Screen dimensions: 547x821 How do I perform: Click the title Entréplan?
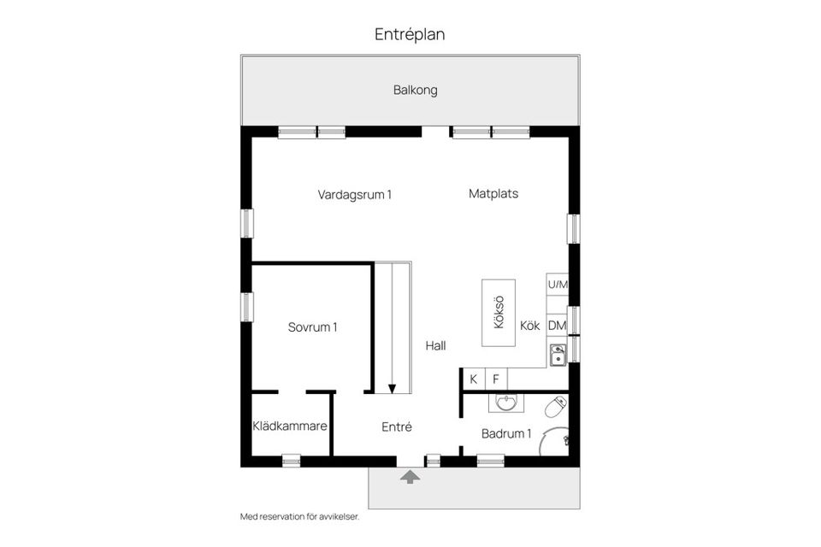tap(410, 34)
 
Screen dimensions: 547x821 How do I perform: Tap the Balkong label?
tap(415, 90)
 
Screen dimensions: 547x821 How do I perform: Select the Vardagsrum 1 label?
tap(354, 194)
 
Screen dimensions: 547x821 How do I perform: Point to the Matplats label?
tap(493, 194)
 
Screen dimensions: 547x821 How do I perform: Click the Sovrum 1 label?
tap(312, 326)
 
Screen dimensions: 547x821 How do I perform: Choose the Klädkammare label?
tap(290, 426)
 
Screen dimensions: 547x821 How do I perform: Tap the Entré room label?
tap(397, 426)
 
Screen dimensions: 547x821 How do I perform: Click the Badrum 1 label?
tap(506, 433)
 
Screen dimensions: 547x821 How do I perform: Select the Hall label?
tap(436, 346)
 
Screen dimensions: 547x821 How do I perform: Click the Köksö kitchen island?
tap(499, 313)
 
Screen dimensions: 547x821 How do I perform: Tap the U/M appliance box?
tap(558, 284)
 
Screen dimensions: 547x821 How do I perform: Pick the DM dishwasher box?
tap(558, 326)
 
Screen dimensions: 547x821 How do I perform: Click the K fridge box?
tap(473, 379)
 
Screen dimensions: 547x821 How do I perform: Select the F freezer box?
tap(495, 379)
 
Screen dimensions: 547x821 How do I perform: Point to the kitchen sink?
tap(558, 354)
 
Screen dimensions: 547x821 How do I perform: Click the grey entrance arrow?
tap(410, 476)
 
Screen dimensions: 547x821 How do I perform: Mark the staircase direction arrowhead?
tap(392, 388)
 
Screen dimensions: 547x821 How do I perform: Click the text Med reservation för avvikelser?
tap(299, 517)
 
